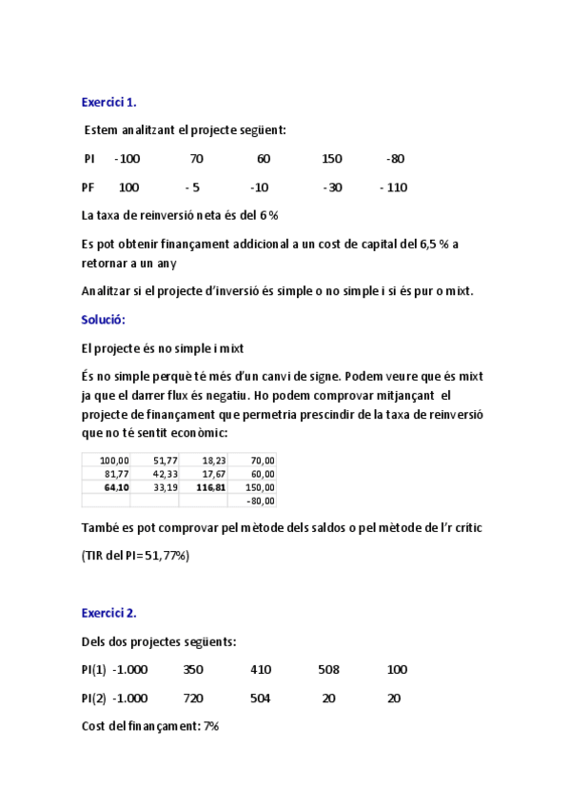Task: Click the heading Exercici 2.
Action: click(108, 613)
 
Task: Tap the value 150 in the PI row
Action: click(332, 158)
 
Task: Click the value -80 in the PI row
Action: click(396, 158)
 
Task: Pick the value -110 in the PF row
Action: click(393, 187)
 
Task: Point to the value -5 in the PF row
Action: click(192, 187)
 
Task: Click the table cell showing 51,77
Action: click(166, 461)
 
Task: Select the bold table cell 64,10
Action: click(116, 487)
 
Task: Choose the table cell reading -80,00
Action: click(260, 501)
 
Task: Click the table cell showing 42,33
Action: click(166, 474)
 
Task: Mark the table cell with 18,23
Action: click(214, 461)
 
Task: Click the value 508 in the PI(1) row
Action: click(328, 670)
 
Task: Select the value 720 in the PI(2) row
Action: click(193, 699)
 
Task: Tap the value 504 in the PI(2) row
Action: click(261, 699)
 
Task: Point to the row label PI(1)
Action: click(94, 670)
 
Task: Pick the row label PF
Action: click(88, 187)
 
